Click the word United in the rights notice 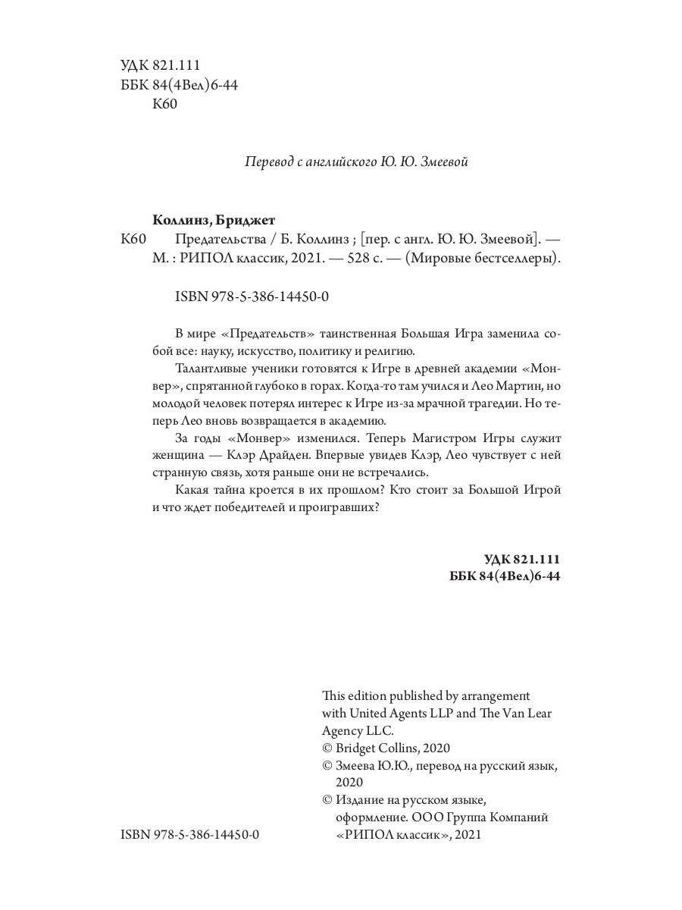tap(368, 714)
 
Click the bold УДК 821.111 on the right tap(521, 560)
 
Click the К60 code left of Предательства tap(133, 240)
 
